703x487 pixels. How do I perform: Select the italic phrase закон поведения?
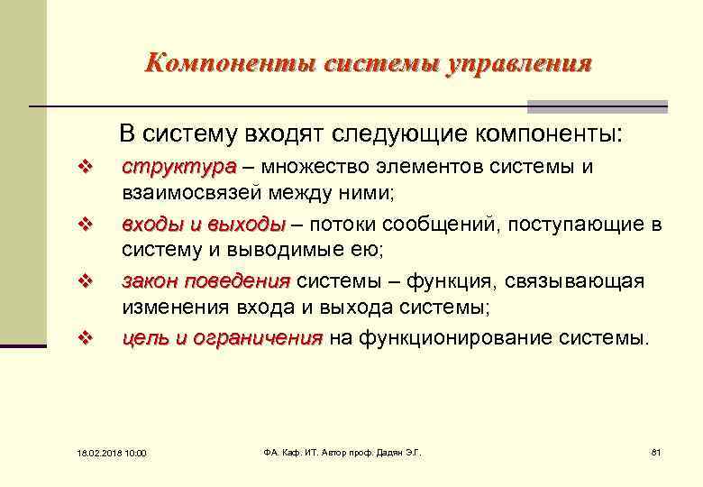(206, 281)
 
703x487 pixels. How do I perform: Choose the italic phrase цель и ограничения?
(222, 339)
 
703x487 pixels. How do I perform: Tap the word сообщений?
(432, 225)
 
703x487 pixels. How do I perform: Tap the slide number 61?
(655, 451)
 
